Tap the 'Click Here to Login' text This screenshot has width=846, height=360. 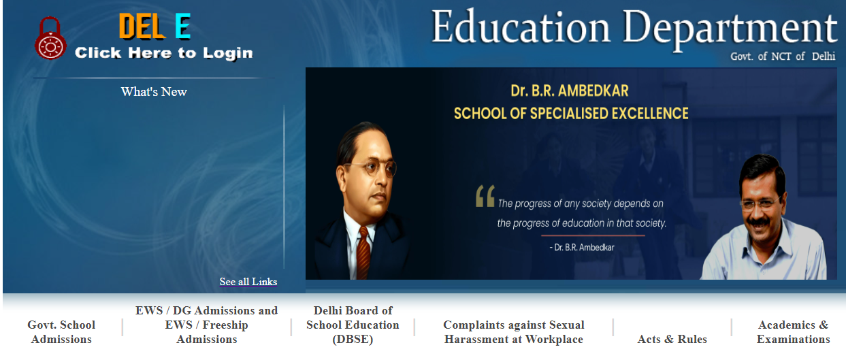[164, 53]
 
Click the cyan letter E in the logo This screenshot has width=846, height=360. [183, 26]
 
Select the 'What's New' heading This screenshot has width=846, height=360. [154, 92]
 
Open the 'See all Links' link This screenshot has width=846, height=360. [248, 282]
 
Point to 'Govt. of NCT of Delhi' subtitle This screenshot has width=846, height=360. [783, 56]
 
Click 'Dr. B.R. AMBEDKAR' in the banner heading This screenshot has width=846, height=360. [570, 91]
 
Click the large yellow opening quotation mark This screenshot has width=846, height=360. [485, 196]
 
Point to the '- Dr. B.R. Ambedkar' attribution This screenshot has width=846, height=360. [582, 248]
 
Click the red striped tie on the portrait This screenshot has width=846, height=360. [363, 253]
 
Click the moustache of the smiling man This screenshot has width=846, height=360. [759, 223]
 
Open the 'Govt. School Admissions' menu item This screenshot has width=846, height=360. [61, 332]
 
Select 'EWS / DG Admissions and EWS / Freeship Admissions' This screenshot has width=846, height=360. [207, 325]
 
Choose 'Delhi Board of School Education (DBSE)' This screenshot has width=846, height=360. [353, 325]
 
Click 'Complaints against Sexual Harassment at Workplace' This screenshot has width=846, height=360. [514, 332]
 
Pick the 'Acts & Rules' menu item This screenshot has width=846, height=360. [672, 339]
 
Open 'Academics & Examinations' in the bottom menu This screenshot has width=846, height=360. [793, 332]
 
